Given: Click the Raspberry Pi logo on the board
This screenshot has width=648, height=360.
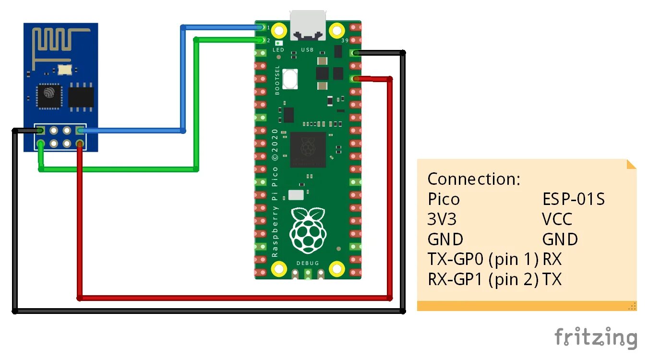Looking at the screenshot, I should click(308, 231).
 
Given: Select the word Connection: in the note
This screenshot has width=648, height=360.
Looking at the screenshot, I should click(474, 179).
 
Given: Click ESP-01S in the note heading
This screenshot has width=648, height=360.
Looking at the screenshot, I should click(573, 199).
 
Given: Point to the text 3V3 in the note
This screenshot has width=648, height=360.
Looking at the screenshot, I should click(442, 219).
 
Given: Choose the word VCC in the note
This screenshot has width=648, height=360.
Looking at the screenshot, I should click(557, 219).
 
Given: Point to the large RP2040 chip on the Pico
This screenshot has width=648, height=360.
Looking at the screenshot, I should click(308, 149).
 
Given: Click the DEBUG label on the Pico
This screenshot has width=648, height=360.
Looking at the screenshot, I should click(308, 263).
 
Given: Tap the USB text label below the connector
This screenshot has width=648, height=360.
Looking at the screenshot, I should click(307, 50).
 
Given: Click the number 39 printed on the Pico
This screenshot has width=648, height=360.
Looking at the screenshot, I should click(344, 41).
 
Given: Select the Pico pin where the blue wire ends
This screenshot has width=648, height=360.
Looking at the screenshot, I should click(261, 27).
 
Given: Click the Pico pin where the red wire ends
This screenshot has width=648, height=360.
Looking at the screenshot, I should click(356, 79).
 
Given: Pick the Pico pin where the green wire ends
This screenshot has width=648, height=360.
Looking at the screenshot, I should click(261, 40).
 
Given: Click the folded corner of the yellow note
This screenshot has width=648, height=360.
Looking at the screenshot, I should click(631, 164).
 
